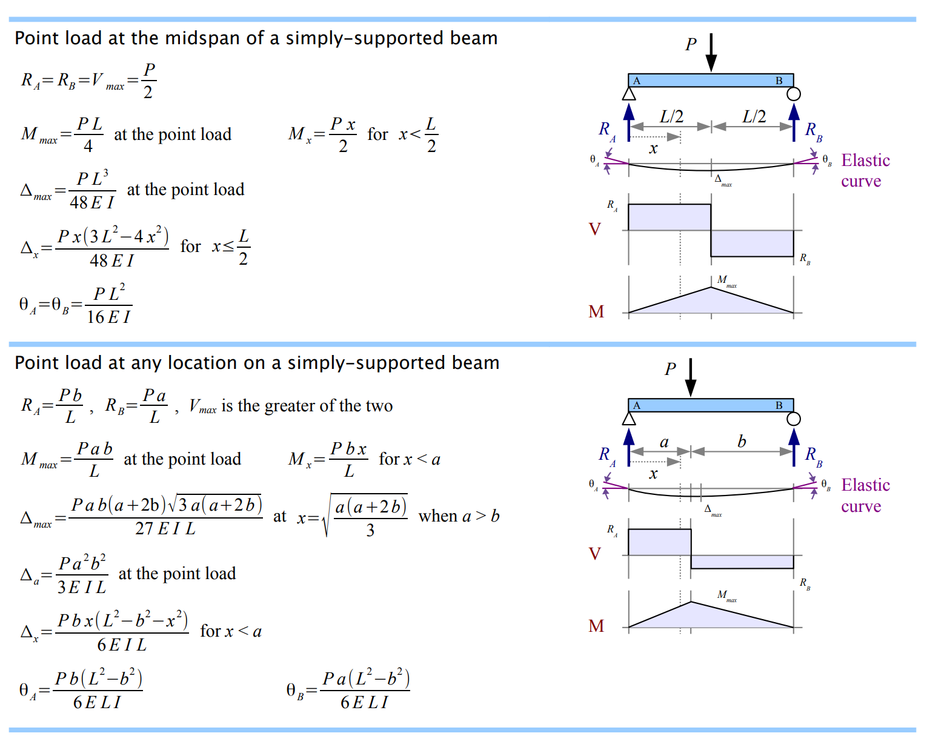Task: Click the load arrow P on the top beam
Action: [x=711, y=53]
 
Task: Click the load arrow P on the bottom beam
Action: [x=691, y=377]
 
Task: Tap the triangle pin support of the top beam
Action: [x=629, y=94]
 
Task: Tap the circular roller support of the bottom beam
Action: [x=794, y=419]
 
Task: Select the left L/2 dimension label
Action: [x=671, y=116]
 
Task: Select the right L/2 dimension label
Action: [x=754, y=116]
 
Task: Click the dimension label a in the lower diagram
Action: [x=664, y=442]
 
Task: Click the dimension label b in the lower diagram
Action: [x=742, y=442]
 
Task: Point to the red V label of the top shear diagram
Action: [x=595, y=229]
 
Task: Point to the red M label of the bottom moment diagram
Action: [x=596, y=626]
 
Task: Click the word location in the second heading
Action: [x=202, y=363]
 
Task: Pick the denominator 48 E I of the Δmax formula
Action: [x=92, y=202]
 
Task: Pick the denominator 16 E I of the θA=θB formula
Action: [x=108, y=317]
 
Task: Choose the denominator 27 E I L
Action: [x=165, y=529]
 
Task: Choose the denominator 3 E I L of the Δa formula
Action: [x=82, y=587]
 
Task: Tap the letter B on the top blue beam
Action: [x=779, y=81]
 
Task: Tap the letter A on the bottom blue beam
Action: [x=636, y=405]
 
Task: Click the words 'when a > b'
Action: [x=459, y=516]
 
